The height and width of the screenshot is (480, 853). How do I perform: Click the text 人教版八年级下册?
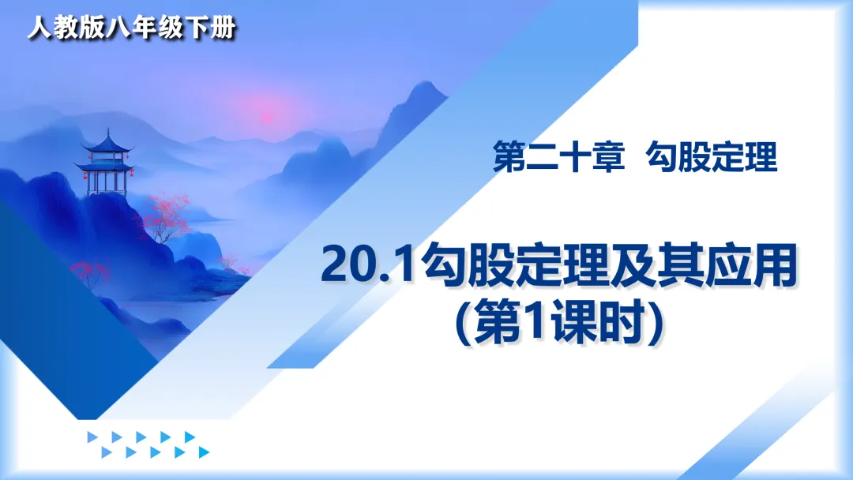pyautogui.click(x=132, y=27)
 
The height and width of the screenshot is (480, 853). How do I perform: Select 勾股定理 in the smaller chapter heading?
pyautogui.click(x=712, y=157)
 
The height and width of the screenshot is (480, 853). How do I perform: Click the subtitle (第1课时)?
pyautogui.click(x=559, y=324)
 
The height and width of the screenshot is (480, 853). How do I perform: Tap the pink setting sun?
pyautogui.click(x=267, y=114)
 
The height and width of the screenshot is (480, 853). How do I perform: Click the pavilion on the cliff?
pyautogui.click(x=106, y=163)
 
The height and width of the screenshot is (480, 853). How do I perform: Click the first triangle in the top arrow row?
pyautogui.click(x=92, y=437)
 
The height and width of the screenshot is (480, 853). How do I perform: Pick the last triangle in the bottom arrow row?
pyautogui.click(x=204, y=452)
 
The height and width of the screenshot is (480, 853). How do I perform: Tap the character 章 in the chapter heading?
pyautogui.click(x=608, y=157)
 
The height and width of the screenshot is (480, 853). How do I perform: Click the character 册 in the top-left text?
pyautogui.click(x=224, y=27)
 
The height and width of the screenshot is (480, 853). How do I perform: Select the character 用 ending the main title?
pyautogui.click(x=775, y=266)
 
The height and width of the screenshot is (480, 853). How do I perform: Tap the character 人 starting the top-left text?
pyautogui.click(x=39, y=27)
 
